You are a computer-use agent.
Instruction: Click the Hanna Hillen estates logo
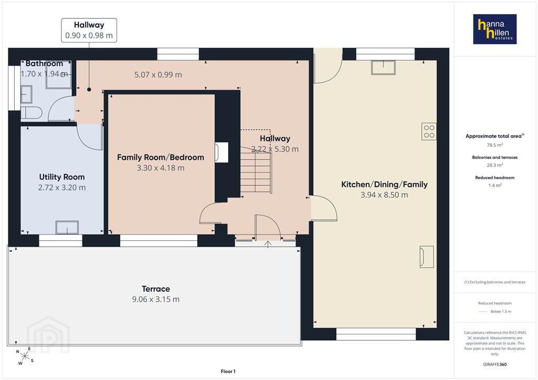(x=495, y=29)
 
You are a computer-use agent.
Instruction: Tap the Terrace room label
(x=156, y=289)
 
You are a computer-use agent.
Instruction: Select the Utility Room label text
(x=62, y=177)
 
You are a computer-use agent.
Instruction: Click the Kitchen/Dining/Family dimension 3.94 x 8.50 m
(x=384, y=195)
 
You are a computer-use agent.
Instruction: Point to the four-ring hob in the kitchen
(x=429, y=131)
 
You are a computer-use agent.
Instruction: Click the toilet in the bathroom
(x=31, y=112)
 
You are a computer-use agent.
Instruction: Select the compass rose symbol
(x=25, y=356)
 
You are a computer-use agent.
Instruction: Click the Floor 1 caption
(x=228, y=372)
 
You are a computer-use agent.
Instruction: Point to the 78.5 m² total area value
(x=495, y=145)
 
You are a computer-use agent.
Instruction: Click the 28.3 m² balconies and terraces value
(x=495, y=165)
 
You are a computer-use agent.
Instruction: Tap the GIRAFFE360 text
(x=495, y=364)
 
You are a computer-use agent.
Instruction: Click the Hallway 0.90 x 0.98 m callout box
(x=89, y=30)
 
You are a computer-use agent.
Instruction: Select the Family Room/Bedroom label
(x=161, y=157)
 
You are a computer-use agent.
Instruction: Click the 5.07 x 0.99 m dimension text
(x=158, y=75)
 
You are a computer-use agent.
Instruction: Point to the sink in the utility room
(x=67, y=227)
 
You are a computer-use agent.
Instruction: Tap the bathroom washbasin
(x=26, y=94)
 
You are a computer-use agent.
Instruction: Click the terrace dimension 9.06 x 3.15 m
(x=156, y=300)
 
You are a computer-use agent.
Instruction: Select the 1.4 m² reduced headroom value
(x=495, y=185)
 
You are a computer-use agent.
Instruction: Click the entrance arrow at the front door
(x=268, y=244)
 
